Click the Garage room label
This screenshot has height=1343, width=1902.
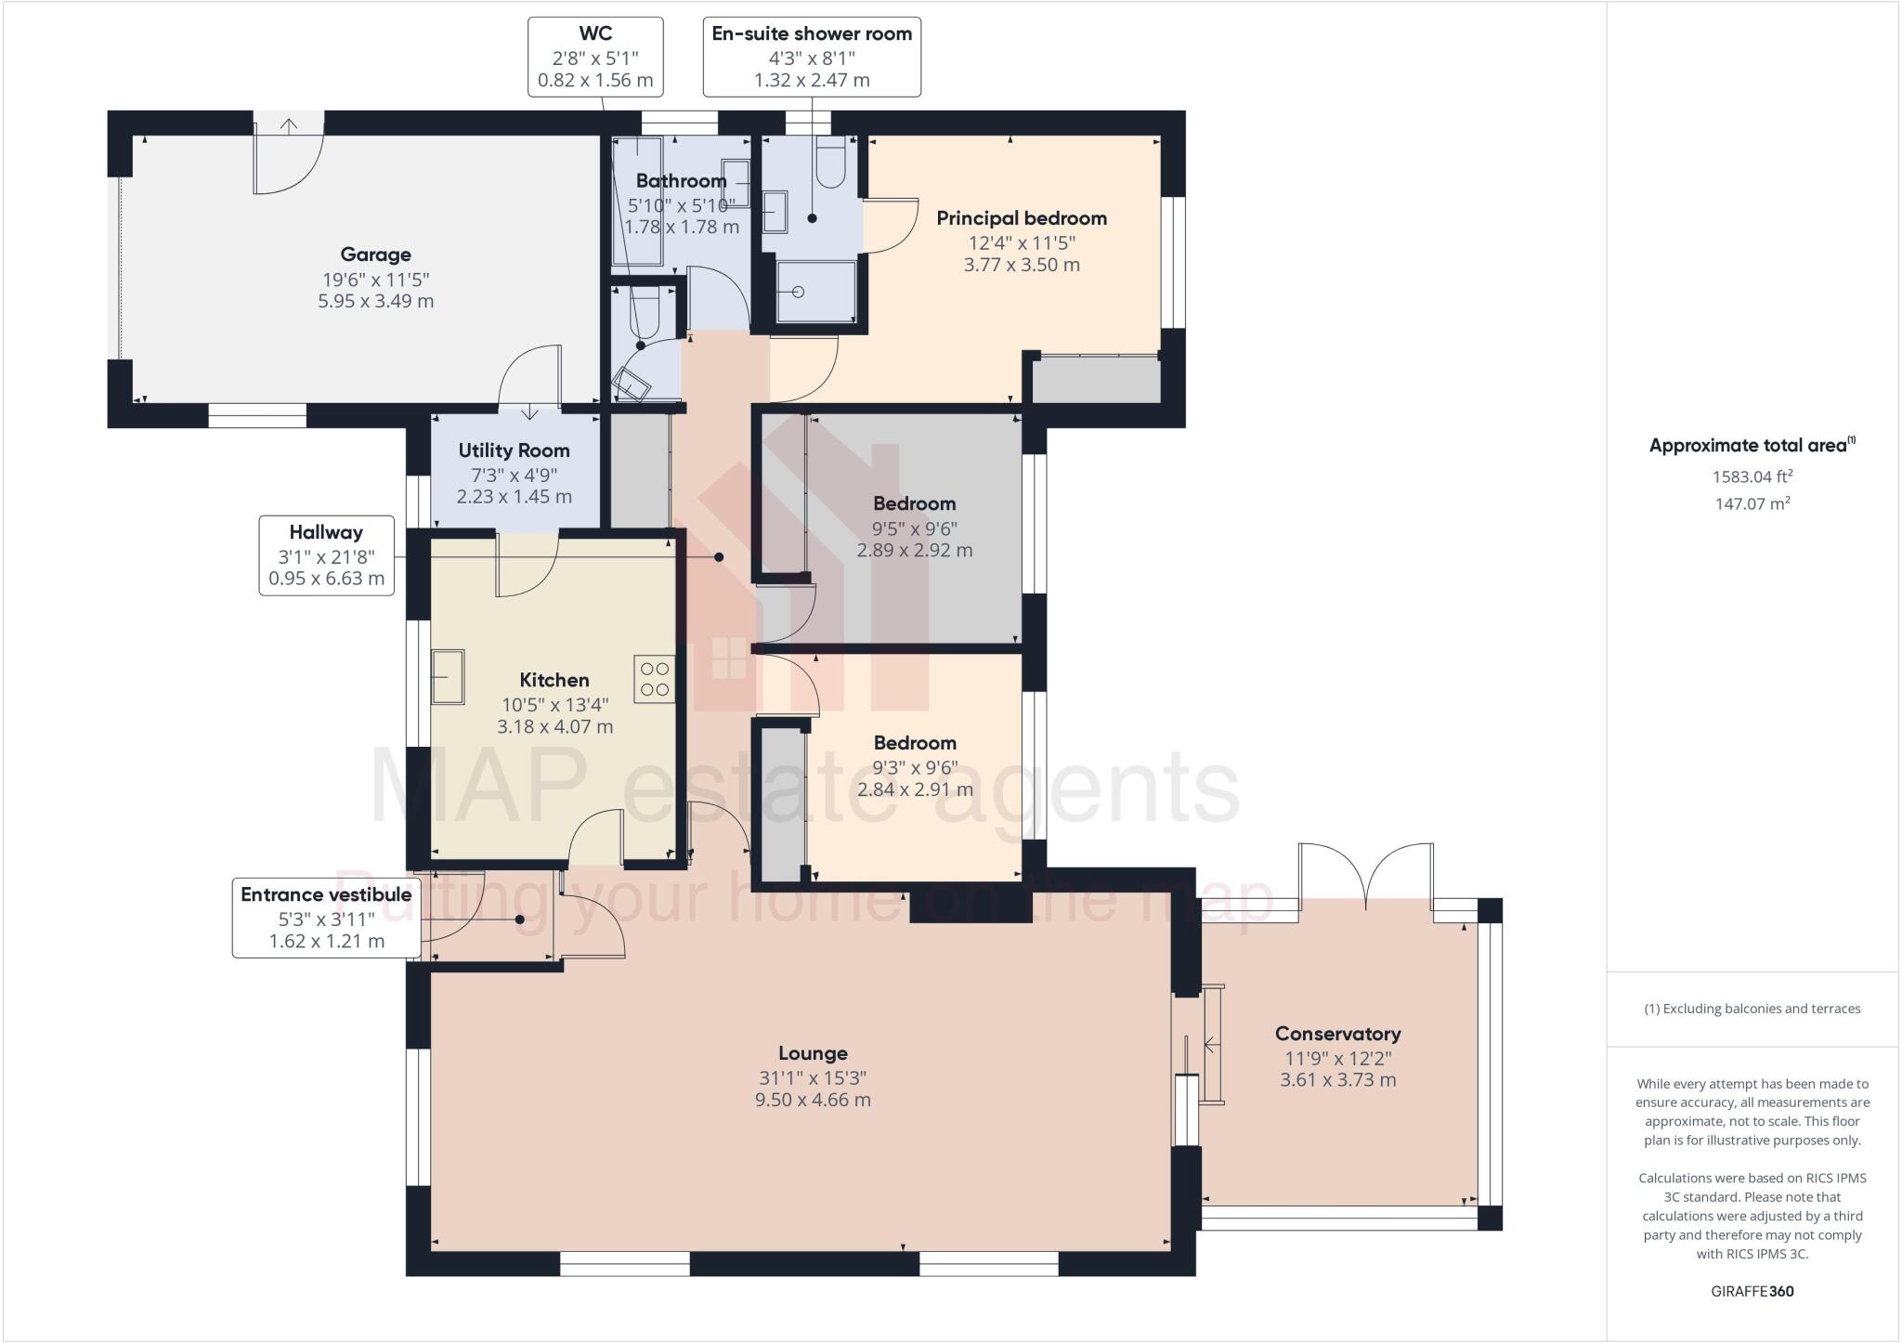click(375, 254)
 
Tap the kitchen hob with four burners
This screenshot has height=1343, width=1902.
click(655, 679)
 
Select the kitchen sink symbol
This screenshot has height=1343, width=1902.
click(448, 677)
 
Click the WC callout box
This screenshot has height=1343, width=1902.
click(595, 57)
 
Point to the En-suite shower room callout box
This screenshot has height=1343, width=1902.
click(812, 57)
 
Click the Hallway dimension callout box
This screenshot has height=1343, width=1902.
click(326, 555)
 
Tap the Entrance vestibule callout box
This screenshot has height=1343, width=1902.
click(325, 918)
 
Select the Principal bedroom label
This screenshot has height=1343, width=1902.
click(1022, 218)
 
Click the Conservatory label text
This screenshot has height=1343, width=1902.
click(1337, 1034)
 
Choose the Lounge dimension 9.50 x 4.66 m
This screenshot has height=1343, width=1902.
click(813, 1101)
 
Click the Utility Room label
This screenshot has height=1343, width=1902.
click(514, 450)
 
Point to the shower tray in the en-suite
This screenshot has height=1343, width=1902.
click(815, 292)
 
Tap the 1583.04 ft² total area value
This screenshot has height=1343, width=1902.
click(1752, 476)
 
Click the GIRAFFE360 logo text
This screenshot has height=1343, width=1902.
click(1752, 1291)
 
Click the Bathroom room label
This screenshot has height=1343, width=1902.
click(681, 181)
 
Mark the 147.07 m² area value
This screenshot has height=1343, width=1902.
click(1752, 504)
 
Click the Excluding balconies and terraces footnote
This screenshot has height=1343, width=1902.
click(1752, 1009)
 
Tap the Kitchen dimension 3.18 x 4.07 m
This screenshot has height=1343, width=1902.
click(554, 727)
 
